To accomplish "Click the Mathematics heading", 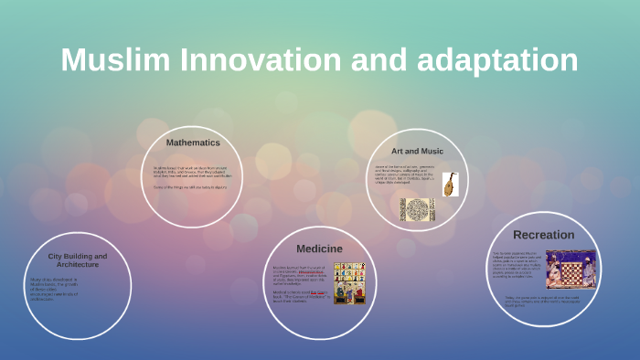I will tap(193, 143).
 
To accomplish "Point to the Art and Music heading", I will tap(416, 150).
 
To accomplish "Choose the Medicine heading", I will tap(319, 249).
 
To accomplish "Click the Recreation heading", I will tap(543, 235).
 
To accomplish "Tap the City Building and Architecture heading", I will tap(78, 260).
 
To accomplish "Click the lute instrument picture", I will tap(450, 184).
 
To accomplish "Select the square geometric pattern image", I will tap(416, 209).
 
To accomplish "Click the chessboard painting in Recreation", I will tap(571, 270).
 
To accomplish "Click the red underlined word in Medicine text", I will tap(308, 271).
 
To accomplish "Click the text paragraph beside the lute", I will tap(403, 174).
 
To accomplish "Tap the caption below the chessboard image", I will tap(542, 301).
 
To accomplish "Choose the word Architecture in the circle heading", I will tap(78, 265).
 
